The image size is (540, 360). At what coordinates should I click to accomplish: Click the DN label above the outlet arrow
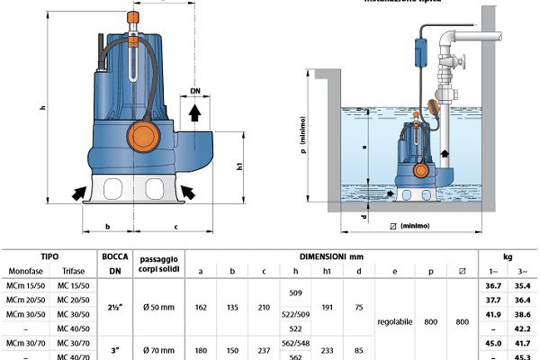[x=196, y=92]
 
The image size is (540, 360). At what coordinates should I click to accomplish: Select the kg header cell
[x=508, y=255]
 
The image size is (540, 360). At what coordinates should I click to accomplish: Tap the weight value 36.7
[x=494, y=285]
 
